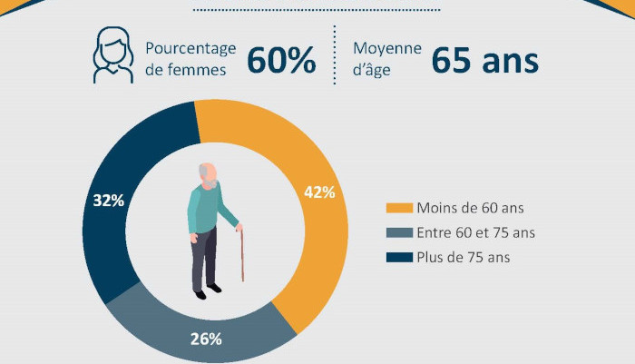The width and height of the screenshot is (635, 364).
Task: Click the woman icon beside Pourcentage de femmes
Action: point(113,56)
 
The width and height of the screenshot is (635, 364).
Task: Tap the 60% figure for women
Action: point(281,60)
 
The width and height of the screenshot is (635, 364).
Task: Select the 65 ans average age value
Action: point(484,60)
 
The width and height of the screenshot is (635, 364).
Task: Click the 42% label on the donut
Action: point(318,192)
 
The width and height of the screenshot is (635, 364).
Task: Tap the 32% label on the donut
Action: point(108,201)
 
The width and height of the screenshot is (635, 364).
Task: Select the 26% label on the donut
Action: point(207,339)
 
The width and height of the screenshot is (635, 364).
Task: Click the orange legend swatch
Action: point(399,208)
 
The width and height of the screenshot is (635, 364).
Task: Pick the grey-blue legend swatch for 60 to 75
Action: point(399,232)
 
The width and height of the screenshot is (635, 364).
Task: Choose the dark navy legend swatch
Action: point(399,257)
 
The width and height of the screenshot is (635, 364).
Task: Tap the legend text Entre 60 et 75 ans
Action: point(475,232)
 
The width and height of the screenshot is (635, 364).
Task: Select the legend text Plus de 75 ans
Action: point(463,257)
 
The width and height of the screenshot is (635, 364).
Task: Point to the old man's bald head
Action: point(209,172)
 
